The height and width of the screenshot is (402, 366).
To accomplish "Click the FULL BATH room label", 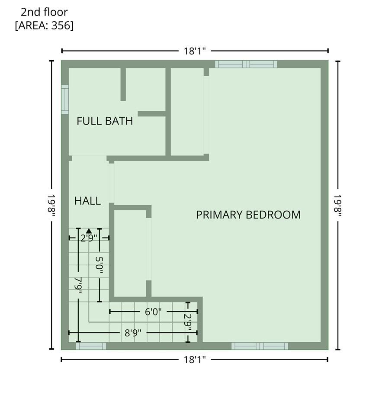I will pos(105,121).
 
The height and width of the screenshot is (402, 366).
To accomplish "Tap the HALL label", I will pos(87,201).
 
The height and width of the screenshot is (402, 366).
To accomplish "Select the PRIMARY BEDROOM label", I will pos(248,215).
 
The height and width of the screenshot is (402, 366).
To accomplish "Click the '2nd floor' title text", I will pos(44,13).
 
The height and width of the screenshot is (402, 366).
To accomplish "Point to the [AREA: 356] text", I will pos(44,26).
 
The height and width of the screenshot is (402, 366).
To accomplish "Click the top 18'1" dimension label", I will pos(195,51).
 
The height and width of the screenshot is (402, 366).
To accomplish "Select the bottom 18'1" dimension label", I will pos(195,359).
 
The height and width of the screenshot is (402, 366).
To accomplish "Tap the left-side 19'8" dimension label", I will pos(52,205).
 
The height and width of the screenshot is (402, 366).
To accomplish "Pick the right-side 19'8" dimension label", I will pos(338,205).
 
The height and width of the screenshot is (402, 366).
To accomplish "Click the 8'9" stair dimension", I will pos(133,333).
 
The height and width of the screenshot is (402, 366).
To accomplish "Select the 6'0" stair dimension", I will pos(153,312).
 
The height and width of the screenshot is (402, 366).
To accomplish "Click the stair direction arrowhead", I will pos(89,231).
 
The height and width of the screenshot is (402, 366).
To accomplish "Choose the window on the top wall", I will pos(246,64).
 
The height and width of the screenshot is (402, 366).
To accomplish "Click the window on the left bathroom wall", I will pos(65,100).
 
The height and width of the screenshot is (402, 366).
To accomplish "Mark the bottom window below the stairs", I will pos(91,346).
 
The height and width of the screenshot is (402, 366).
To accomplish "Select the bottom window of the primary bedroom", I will pos(260,346).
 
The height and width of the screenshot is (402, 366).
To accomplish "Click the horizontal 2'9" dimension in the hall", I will pos(89,238).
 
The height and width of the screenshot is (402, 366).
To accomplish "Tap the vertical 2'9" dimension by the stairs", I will pos(188,322).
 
